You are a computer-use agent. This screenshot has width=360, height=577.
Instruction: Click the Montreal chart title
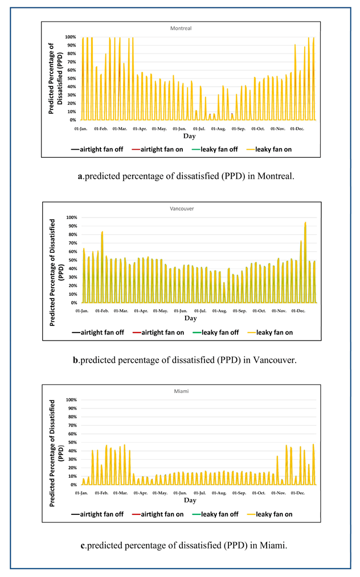click(181, 28)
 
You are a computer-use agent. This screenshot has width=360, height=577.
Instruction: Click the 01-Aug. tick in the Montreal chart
click(219, 129)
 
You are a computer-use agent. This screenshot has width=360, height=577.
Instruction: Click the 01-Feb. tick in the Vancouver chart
click(103, 311)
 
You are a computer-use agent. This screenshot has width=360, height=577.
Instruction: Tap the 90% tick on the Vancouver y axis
click(71, 226)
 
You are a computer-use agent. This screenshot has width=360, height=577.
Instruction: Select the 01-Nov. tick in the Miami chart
click(279, 493)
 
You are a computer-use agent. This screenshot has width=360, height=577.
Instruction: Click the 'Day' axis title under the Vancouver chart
click(190, 318)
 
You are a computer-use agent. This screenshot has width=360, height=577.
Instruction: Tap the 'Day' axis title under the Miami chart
click(190, 501)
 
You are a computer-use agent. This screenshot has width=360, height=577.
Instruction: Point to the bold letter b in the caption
click(76, 360)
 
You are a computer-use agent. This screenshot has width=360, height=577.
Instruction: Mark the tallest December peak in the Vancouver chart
click(305, 223)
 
